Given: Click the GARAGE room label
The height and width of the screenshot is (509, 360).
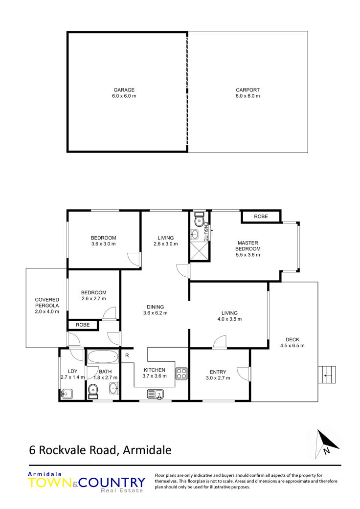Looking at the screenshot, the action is point(124,90).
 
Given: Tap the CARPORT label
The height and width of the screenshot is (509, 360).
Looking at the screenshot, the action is point(247,90).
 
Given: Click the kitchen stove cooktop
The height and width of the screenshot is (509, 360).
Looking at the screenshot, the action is point(181,373).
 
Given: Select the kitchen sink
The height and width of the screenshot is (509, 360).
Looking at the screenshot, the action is point(156,394).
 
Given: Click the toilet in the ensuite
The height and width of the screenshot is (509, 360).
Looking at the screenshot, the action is point(198,219).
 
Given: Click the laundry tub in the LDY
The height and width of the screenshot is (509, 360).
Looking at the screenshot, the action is point(67,394).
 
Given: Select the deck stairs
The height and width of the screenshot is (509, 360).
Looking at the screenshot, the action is point(327,375).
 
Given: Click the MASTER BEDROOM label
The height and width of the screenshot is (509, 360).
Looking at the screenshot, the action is point(248,246).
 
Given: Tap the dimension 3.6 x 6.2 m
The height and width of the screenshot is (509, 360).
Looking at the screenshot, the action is point(156,313).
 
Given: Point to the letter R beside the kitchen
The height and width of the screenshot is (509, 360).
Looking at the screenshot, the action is point(127,355).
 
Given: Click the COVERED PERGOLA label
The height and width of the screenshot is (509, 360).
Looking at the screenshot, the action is point(47,303).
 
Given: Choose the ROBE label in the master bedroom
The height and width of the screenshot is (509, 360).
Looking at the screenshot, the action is point(261,217).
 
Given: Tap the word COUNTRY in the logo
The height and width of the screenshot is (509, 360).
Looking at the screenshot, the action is point(112,483).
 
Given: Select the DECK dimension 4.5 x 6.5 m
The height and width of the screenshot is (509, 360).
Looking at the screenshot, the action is point(292,346).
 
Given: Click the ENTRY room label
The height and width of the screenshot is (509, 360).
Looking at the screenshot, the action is point(218,372).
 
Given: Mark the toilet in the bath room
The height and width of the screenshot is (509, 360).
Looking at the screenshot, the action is point(93,391).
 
